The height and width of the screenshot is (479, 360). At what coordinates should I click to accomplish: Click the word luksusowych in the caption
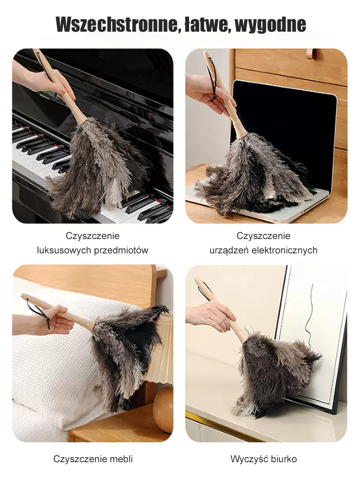pyautogui.click(x=64, y=250)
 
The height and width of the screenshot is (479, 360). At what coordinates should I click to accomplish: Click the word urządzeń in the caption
pyautogui.click(x=229, y=251)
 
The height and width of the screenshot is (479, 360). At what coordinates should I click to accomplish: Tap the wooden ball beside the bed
pyautogui.click(x=163, y=409)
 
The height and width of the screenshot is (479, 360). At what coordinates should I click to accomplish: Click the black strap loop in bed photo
pyautogui.click(x=40, y=312)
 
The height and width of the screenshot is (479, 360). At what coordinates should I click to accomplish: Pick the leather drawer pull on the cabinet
pyautogui.click(x=311, y=54)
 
